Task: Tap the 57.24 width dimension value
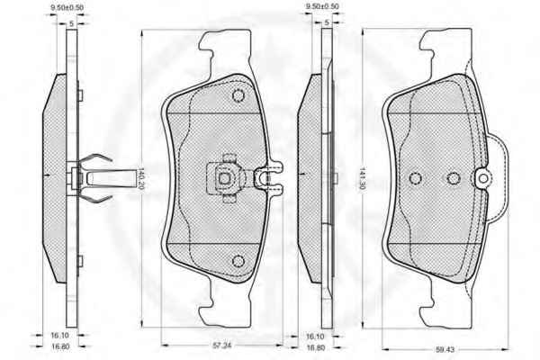click(222, 346)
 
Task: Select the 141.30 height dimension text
click(362, 180)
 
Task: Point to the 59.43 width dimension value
click(445, 350)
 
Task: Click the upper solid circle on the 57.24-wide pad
click(238, 95)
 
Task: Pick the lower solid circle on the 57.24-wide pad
click(238, 261)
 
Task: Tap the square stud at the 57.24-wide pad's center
click(224, 178)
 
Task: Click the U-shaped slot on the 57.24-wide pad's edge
click(268, 178)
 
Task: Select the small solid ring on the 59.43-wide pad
click(483, 178)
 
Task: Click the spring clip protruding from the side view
click(103, 178)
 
